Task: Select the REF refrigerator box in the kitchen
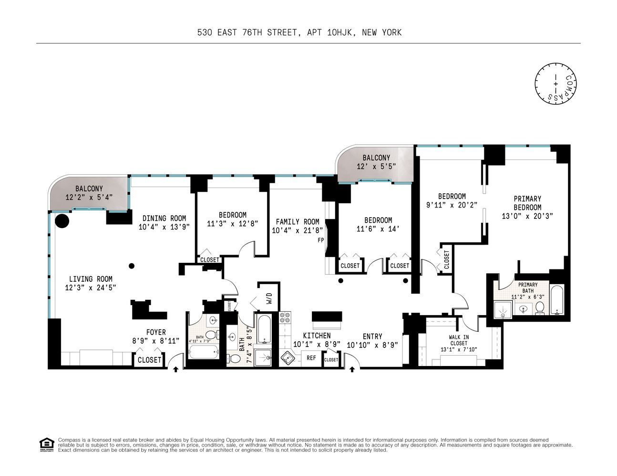(311, 358)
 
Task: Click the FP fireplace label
(321, 240)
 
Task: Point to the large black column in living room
(62, 220)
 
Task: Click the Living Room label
(91, 279)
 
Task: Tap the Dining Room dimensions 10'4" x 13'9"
(164, 227)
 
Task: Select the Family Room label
(297, 222)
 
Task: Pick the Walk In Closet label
(458, 340)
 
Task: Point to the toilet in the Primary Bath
(539, 308)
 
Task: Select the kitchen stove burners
(286, 318)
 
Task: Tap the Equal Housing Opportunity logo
(46, 444)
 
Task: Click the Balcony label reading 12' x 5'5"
(376, 162)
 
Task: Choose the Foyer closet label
(149, 360)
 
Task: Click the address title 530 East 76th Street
(299, 32)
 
